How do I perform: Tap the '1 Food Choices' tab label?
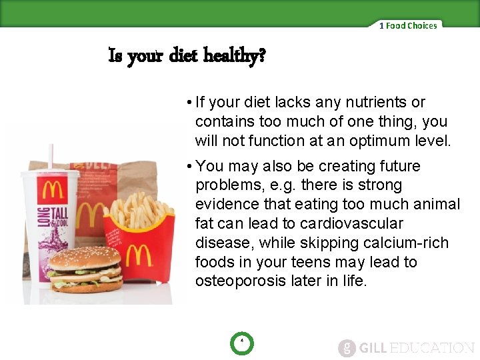(x=408, y=26)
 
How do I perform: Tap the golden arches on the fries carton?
(x=139, y=256)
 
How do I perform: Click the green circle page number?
(x=241, y=344)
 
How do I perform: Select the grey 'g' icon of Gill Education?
(x=346, y=348)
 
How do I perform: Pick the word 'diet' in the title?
(x=182, y=57)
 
